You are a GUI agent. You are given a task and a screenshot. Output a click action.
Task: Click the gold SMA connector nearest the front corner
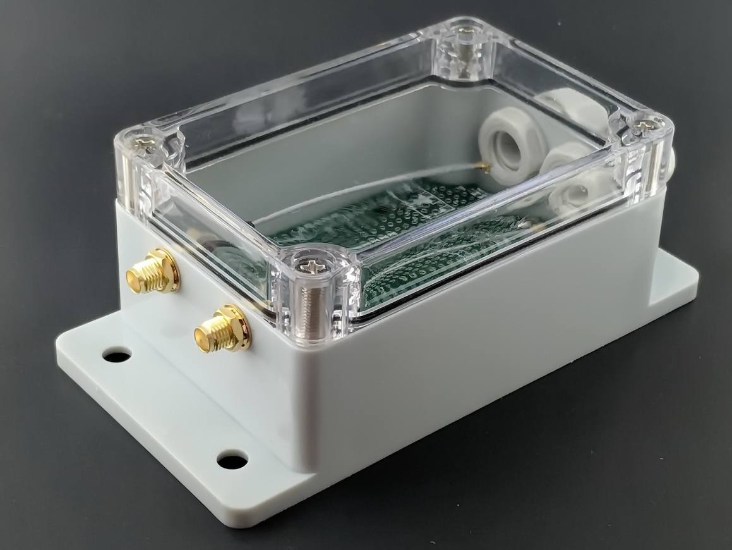click(221, 329)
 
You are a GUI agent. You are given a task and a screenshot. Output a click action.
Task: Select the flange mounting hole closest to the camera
click(231, 460)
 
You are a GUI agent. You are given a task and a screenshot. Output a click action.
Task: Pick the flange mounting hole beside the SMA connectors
click(116, 355)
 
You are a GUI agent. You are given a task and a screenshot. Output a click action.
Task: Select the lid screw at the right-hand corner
click(644, 126)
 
